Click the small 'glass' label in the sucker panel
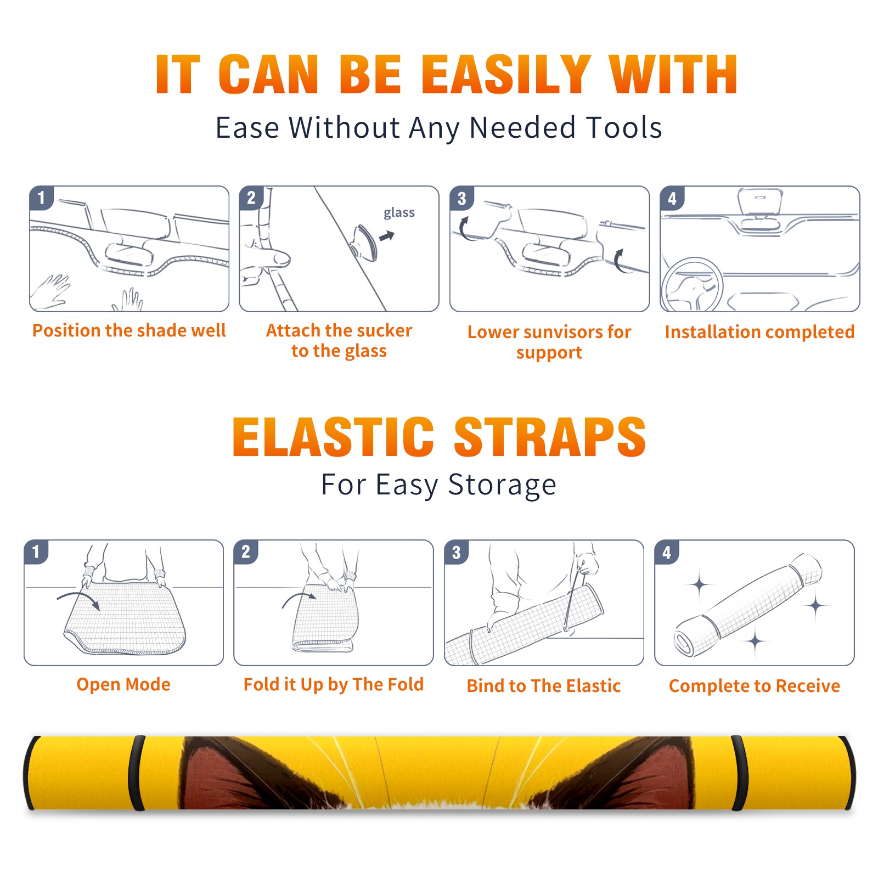pyautogui.click(x=399, y=213)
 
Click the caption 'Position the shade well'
pyautogui.click(x=129, y=330)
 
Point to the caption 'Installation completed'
pyautogui.click(x=759, y=332)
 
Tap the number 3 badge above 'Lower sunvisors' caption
pyautogui.click(x=461, y=198)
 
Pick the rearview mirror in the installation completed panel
pyautogui.click(x=760, y=202)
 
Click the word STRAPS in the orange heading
pyautogui.click(x=550, y=437)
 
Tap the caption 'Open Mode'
pyautogui.click(x=123, y=684)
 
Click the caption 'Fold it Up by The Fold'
pyautogui.click(x=334, y=684)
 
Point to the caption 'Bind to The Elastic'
pyautogui.click(x=544, y=686)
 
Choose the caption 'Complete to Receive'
pyautogui.click(x=755, y=686)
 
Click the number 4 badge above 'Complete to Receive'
pyautogui.click(x=667, y=552)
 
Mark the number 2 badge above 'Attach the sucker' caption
pyautogui.click(x=251, y=198)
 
